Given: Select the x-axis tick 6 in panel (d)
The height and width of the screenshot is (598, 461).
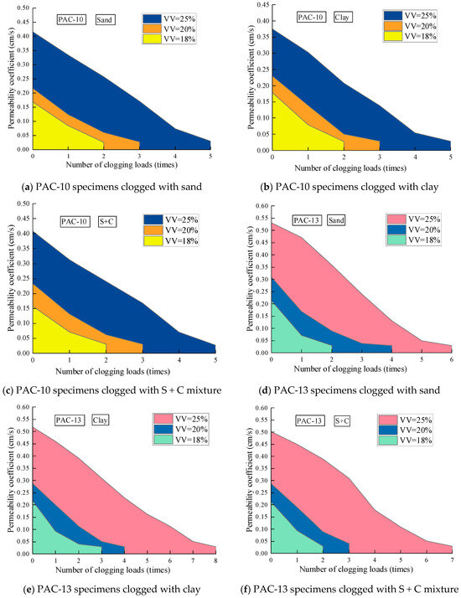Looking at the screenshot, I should pyautogui.click(x=451, y=360).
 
